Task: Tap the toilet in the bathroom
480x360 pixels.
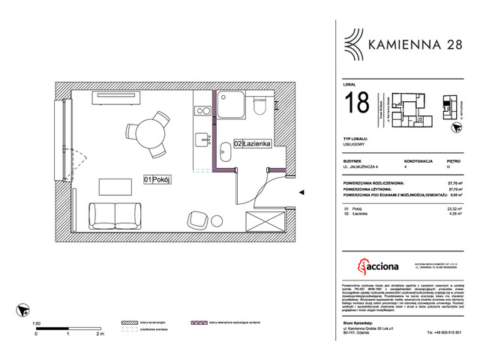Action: click(x=259, y=105)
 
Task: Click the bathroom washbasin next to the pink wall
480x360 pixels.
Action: click(x=224, y=151)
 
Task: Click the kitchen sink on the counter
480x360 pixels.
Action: click(x=201, y=140)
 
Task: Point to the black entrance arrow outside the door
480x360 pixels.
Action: click(x=301, y=193)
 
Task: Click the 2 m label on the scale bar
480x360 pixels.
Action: click(x=99, y=334)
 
